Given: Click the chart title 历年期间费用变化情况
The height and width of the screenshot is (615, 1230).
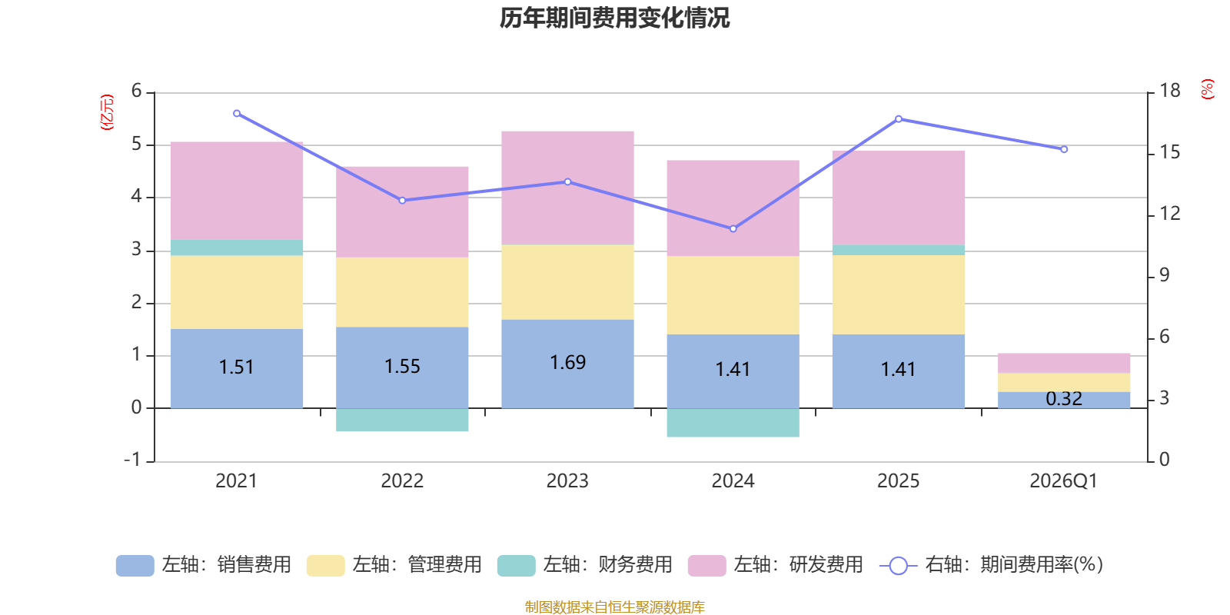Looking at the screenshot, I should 614,18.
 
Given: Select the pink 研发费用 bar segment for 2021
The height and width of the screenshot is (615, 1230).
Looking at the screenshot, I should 237,190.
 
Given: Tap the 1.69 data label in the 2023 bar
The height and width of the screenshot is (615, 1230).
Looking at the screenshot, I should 567,362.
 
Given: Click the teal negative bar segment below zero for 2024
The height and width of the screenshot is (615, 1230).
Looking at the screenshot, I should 733,423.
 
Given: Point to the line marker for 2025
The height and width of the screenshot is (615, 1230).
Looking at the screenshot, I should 899,119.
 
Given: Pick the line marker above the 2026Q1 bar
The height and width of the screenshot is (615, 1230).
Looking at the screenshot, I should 1064,149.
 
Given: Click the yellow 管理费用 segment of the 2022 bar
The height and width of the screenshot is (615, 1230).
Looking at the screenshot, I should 402,292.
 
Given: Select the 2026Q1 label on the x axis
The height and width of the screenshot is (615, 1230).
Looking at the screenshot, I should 1063,481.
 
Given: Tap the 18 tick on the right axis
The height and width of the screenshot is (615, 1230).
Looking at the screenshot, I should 1169,91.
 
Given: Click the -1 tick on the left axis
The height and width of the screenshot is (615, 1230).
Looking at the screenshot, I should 133,460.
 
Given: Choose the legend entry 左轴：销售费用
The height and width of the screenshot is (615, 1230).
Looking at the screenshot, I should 204,565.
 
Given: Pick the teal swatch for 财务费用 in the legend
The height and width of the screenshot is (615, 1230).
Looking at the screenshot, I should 516,566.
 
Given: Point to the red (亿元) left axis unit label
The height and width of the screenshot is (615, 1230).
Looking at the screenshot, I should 108,112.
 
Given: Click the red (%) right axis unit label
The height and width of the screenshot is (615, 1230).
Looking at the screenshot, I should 1208,89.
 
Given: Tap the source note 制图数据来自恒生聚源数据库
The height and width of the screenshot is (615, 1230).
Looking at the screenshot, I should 614,607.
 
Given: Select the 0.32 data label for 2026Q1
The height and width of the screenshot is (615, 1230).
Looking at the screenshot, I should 1064,399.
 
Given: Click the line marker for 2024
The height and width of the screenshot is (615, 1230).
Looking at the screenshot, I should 733,228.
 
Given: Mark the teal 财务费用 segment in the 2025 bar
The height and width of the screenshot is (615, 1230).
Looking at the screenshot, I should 899,250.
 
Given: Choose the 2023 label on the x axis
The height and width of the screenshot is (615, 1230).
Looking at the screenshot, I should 567,481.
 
